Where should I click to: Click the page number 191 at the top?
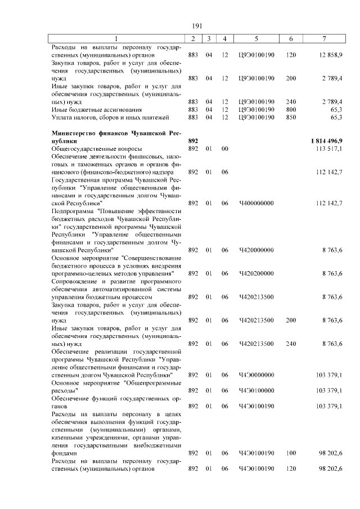point(197,26)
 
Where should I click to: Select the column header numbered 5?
point(256,38)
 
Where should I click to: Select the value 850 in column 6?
point(291,117)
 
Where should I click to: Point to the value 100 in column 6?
point(291,453)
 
